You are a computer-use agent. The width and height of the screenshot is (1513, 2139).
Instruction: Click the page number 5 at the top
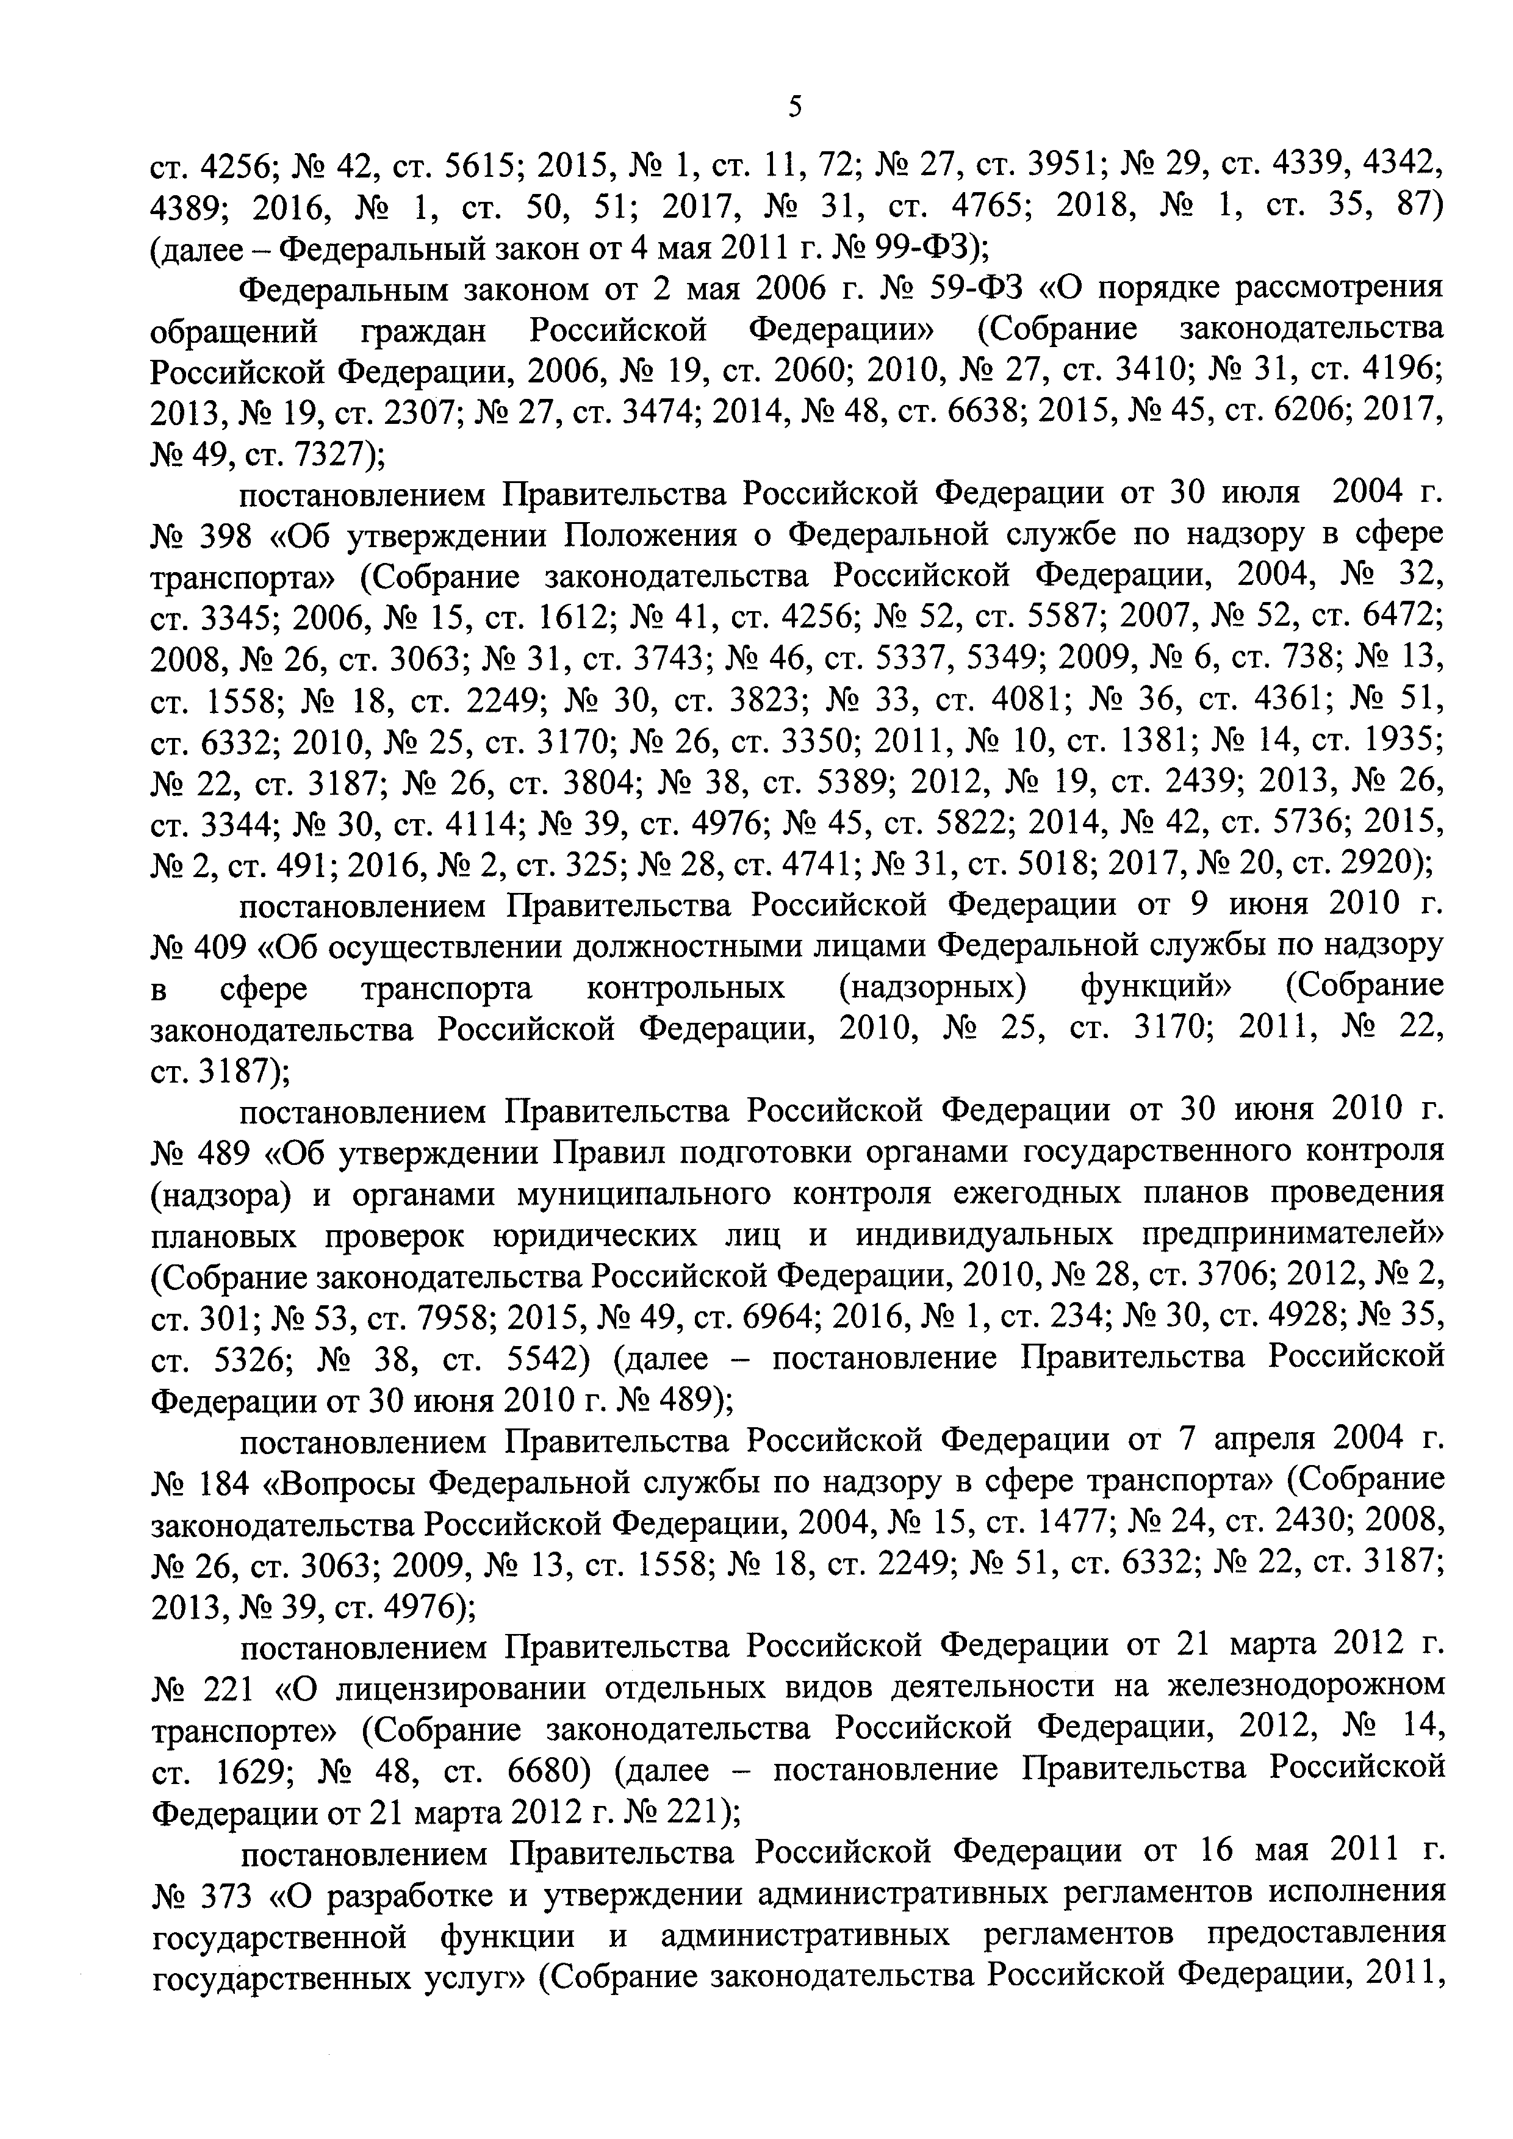click(794, 108)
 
